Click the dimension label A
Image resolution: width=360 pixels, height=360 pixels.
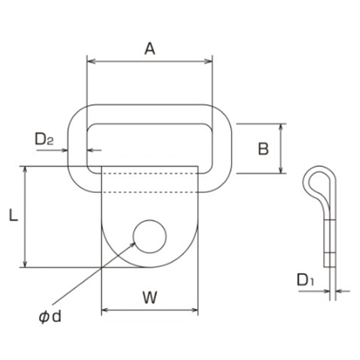pos(150,49)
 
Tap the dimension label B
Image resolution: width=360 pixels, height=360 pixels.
pos(264,149)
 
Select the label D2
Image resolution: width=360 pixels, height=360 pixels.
pos(44,139)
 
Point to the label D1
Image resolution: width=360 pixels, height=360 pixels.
pos(305,279)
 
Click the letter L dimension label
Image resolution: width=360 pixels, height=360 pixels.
pos(14,215)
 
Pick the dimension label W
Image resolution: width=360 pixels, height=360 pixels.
pos(150,297)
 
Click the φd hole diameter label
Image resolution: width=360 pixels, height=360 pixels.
pos(50,317)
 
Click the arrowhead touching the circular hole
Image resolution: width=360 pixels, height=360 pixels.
pos(132,245)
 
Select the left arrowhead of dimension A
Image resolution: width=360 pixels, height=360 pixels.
pos(91,62)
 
